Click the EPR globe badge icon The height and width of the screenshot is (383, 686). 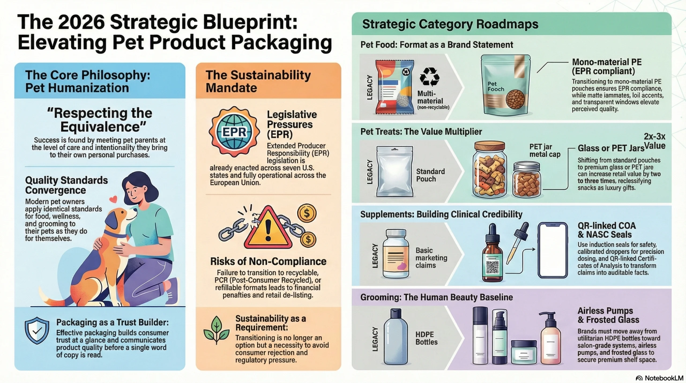coord(234,131)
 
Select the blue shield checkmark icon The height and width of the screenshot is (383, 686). coord(37,330)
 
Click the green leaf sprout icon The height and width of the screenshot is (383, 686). coord(216,330)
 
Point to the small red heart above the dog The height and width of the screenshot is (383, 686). coord(114,199)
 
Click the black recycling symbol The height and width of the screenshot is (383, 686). coord(430,77)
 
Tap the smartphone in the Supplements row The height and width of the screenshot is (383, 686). coord(553,250)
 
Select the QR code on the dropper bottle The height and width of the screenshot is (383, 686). coord(493,267)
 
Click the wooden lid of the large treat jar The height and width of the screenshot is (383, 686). coord(490,147)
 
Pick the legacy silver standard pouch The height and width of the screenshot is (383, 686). coord(395,172)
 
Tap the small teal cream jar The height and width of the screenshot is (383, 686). coord(524,352)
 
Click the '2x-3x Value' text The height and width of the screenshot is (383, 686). coord(654,141)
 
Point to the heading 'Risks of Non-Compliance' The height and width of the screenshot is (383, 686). coord(268,261)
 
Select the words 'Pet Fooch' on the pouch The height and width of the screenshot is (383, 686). coord(496,86)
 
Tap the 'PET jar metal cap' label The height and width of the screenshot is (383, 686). coord(545,151)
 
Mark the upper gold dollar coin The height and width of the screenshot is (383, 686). coord(307,213)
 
